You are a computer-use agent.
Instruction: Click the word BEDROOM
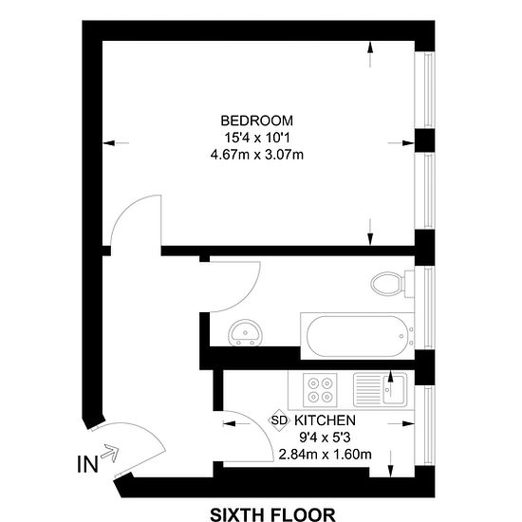pyautogui.click(x=256, y=121)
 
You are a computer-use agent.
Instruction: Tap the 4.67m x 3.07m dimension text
pyautogui.click(x=256, y=155)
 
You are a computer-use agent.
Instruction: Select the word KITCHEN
pyautogui.click(x=325, y=420)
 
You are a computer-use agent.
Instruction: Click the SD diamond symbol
pyautogui.click(x=279, y=420)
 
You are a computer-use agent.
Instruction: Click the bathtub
pyautogui.click(x=357, y=336)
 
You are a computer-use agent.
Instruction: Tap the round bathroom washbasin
pyautogui.click(x=246, y=332)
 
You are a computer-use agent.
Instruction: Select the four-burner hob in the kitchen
pyautogui.click(x=320, y=390)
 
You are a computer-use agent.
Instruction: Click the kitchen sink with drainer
pyautogui.click(x=380, y=390)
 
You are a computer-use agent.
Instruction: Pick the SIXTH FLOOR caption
pyautogui.click(x=272, y=514)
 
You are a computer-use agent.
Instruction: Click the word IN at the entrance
pyautogui.click(x=87, y=464)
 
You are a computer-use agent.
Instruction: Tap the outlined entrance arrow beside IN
pyautogui.click(x=110, y=453)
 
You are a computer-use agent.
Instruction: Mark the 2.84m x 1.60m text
pyautogui.click(x=325, y=454)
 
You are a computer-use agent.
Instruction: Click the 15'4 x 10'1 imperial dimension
pyautogui.click(x=256, y=138)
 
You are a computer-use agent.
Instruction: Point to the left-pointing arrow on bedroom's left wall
pyautogui.click(x=116, y=143)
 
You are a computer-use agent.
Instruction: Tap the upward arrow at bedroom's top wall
pyautogui.click(x=370, y=54)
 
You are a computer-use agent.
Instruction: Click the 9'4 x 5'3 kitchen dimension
pyautogui.click(x=325, y=438)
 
